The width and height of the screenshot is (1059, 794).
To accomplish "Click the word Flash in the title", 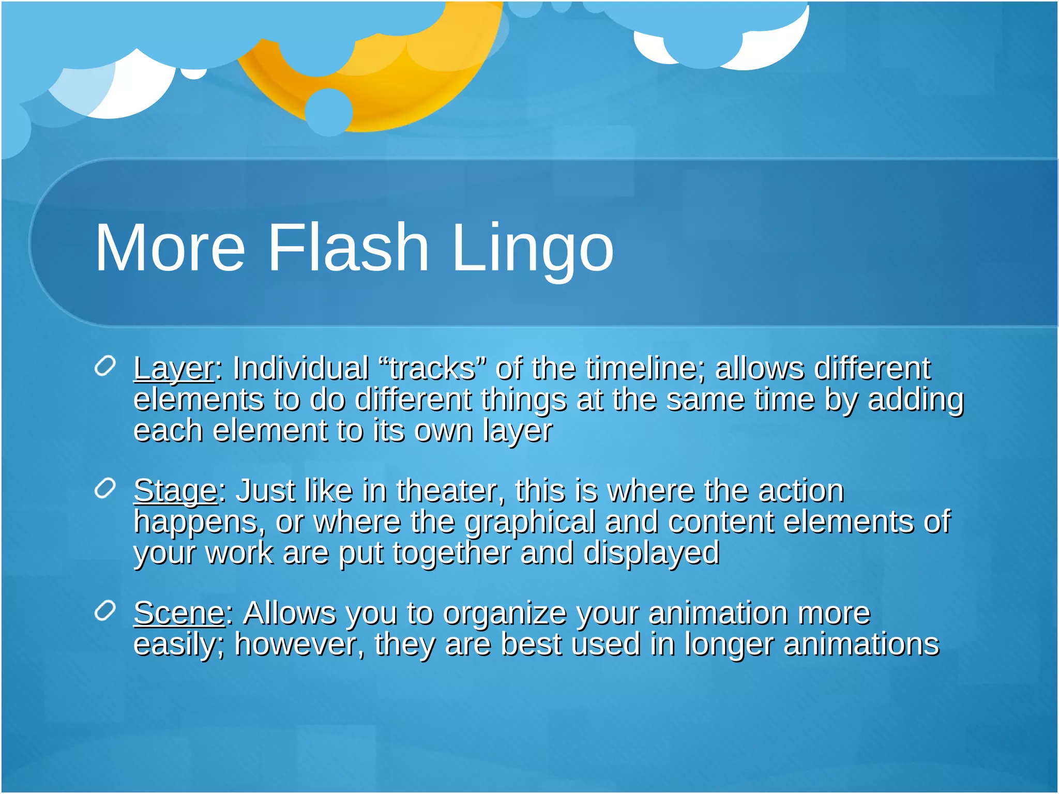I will [x=348, y=247].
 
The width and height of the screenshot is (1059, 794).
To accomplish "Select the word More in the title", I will [x=170, y=247].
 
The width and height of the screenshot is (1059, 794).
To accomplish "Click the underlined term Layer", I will [x=173, y=369].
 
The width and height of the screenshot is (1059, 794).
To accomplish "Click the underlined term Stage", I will [x=175, y=491].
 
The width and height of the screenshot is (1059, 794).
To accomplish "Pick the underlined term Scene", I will [x=179, y=614].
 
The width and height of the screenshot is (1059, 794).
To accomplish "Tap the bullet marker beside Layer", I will [x=105, y=367].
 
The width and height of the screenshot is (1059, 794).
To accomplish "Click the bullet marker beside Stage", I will [x=105, y=488].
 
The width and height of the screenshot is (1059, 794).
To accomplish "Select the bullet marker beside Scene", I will [x=105, y=611].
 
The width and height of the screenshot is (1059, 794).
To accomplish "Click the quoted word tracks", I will [x=432, y=369].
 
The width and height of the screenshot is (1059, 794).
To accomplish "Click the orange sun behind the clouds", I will [x=414, y=93].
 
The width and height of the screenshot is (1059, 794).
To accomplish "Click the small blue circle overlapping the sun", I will [x=328, y=112].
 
